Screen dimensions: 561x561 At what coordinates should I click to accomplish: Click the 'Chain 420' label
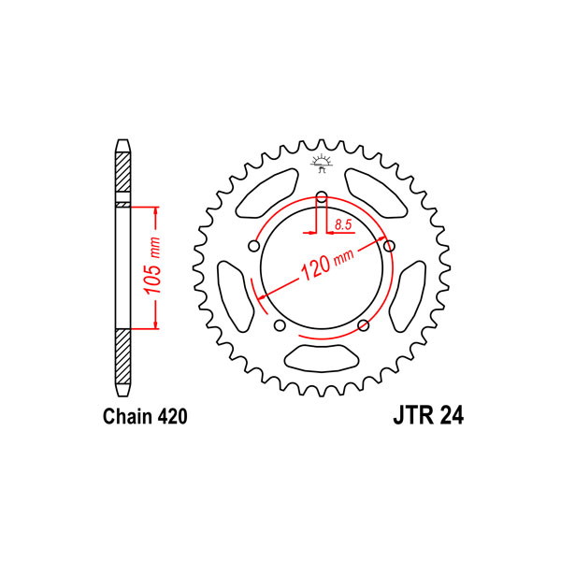tap(145, 416)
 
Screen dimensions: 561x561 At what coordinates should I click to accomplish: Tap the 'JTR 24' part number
tap(428, 416)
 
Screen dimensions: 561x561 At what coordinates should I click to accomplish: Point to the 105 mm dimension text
tap(152, 266)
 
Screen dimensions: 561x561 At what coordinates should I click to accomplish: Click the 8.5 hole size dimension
tap(343, 224)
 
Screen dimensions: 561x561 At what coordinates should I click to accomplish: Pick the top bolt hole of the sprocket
tap(322, 196)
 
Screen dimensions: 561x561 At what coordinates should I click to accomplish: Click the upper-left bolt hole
tap(253, 246)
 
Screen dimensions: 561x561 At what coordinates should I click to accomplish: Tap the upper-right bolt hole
tap(389, 246)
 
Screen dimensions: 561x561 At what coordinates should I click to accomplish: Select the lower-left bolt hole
tap(280, 325)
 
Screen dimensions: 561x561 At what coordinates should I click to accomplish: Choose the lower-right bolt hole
tap(364, 325)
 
